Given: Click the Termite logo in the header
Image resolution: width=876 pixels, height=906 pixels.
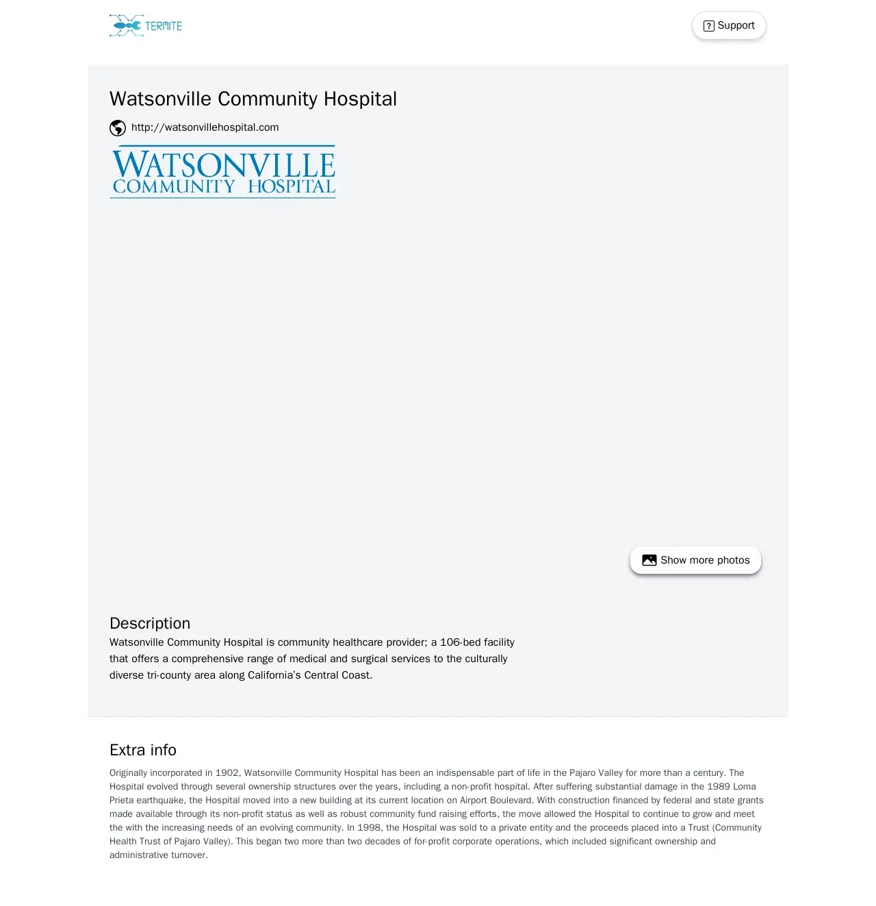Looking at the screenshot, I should coord(146,26).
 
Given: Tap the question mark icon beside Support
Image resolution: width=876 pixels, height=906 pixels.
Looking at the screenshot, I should coord(709,26).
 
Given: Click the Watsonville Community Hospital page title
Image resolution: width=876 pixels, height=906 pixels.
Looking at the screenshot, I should coord(253,99).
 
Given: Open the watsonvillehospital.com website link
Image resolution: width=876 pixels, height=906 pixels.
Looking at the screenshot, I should coord(205,127).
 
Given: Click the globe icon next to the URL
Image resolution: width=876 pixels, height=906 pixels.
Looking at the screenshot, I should coord(118,128).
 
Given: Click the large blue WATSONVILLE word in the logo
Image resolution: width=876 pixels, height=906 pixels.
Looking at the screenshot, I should coord(223,165).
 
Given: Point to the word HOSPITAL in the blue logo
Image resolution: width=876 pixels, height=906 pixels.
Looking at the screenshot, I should coord(292,187).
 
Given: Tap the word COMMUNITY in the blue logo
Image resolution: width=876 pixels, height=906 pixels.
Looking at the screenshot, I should coord(174,187).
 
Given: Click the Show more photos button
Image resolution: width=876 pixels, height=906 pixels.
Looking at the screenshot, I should coord(695,560).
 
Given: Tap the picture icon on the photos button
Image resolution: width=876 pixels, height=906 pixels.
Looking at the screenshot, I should coord(649,560).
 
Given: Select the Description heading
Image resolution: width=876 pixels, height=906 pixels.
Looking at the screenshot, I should coord(150,623).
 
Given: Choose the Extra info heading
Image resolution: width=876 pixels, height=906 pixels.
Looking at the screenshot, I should coord(143,750).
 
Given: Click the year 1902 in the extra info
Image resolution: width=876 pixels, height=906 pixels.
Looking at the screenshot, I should coord(227,773).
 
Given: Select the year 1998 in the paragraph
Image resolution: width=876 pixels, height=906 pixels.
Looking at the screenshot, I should coord(370,828).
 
